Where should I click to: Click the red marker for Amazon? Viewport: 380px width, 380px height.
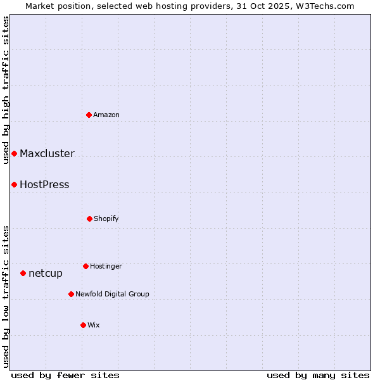[89, 115]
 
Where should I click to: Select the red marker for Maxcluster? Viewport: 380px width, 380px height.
[14, 154]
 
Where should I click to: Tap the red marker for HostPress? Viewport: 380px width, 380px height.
[14, 185]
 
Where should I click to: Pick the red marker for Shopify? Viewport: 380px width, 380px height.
[89, 219]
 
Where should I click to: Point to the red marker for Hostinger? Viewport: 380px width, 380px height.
[85, 266]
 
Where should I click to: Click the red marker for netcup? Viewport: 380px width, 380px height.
[23, 274]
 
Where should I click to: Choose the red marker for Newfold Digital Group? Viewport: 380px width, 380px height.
[71, 294]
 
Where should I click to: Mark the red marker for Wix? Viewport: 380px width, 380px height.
[83, 325]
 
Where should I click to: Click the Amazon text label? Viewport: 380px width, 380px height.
[106, 115]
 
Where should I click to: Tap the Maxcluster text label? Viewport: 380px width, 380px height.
[47, 154]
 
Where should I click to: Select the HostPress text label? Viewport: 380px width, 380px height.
[44, 185]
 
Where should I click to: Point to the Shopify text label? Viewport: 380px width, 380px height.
[106, 219]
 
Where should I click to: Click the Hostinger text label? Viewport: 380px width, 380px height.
[106, 267]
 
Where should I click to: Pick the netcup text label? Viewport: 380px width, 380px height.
[46, 274]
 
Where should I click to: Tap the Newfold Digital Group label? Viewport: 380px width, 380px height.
[112, 294]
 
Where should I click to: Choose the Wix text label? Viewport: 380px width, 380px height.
[94, 326]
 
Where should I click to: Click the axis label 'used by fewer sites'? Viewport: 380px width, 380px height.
[65, 375]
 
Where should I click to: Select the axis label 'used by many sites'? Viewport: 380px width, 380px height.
[318, 375]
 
